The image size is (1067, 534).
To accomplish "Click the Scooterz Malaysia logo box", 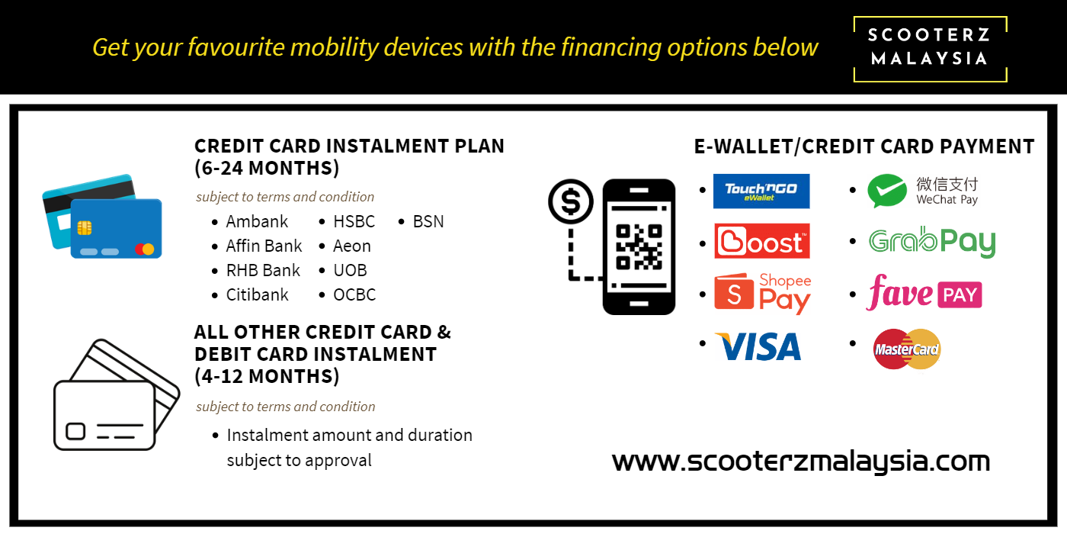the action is tap(930, 49).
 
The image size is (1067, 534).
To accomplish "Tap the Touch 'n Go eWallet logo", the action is tap(761, 191).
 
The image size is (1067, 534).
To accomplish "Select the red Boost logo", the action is tap(761, 241).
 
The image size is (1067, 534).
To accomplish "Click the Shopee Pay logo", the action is tap(762, 293).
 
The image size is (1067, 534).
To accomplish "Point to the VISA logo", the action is tap(758, 346).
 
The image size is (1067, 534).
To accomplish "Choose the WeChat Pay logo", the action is tap(923, 191).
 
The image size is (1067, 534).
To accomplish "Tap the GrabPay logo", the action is tap(931, 243).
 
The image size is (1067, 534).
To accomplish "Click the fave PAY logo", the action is tap(924, 293).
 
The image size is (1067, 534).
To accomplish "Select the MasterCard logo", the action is tap(907, 349).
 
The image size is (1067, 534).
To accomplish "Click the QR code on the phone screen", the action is tap(639, 247).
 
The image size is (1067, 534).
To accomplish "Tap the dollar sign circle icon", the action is tap(571, 201).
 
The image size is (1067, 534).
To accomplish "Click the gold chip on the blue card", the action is tap(85, 227).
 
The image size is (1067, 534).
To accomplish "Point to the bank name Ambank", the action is tap(257, 222).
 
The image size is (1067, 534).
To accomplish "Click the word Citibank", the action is tap(258, 294).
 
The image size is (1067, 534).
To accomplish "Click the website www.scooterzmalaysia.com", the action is tap(801, 461).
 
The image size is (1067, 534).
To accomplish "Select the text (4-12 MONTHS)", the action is tap(267, 377).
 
